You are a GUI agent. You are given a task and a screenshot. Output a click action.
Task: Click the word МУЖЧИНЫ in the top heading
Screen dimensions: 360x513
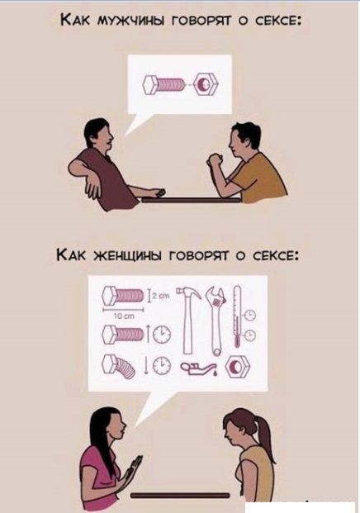(125, 21)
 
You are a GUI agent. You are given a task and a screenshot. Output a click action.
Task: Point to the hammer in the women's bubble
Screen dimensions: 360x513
(188, 320)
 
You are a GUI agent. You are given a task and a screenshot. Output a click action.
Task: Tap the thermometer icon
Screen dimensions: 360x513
(237, 316)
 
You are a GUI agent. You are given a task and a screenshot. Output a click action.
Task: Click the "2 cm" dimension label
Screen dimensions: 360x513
(160, 296)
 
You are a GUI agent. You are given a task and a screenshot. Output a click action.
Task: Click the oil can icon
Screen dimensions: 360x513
(201, 368)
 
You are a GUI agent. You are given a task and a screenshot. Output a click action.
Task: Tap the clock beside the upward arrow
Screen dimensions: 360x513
(162, 334)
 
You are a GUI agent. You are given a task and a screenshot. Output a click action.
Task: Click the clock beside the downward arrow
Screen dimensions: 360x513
(162, 365)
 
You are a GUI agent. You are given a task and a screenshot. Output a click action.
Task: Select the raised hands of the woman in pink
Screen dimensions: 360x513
(134, 470)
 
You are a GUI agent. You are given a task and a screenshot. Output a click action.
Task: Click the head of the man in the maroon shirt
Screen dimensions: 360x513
(98, 134)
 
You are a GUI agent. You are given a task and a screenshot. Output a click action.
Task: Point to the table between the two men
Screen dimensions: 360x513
(191, 199)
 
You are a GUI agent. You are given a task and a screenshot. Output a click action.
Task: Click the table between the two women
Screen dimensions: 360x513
(180, 496)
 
